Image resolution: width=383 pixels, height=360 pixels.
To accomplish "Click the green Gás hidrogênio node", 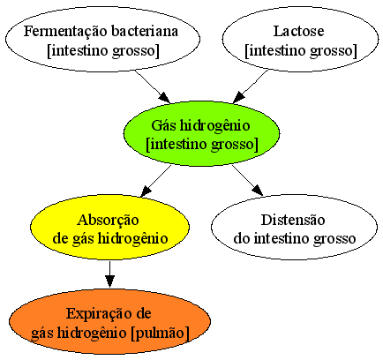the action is click(x=201, y=134).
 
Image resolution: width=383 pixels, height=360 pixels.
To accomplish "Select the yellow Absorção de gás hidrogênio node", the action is click(x=109, y=227).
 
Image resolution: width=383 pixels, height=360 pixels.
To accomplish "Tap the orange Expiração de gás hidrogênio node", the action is click(x=109, y=322).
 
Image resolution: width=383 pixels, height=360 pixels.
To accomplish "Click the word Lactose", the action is click(x=299, y=31).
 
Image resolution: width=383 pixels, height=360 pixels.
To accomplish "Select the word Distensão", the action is click(x=293, y=220).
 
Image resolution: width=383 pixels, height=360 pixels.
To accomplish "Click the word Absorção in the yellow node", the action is click(x=108, y=221).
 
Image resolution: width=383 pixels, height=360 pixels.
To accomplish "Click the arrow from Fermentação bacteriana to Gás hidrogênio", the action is click(x=153, y=86).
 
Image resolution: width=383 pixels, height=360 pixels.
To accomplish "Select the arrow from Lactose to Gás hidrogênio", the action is click(x=251, y=86).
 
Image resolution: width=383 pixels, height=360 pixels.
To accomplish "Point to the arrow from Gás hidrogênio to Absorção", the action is click(x=156, y=181).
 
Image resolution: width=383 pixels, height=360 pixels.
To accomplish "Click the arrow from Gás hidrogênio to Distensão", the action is click(x=247, y=180).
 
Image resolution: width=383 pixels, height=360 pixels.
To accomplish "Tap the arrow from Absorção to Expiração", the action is click(x=109, y=274).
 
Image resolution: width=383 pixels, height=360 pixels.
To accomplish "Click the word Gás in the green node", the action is click(x=163, y=126).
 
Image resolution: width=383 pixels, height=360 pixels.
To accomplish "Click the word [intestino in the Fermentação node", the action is click(x=76, y=50).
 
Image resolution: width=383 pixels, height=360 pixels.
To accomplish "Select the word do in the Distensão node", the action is click(x=242, y=238).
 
